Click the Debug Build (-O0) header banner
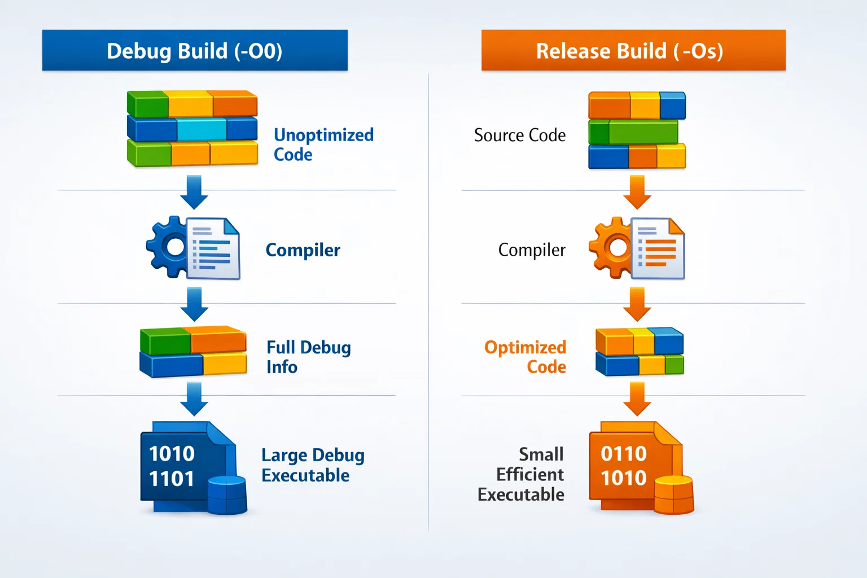tap(195, 51)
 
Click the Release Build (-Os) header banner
tap(633, 51)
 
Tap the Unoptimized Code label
tap(323, 144)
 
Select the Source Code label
tap(520, 135)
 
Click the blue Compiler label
tap(303, 250)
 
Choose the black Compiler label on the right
tap(532, 250)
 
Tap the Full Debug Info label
tap(308, 357)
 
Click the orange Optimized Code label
tap(526, 357)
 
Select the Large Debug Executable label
tap(313, 465)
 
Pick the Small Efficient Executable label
tap(522, 474)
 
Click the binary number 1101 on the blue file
tap(172, 479)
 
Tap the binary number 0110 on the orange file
tap(623, 453)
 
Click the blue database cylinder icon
tap(227, 495)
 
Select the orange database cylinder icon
tap(674, 495)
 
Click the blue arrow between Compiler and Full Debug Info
tap(194, 304)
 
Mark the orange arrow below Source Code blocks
tap(637, 192)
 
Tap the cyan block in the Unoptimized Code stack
tap(202, 129)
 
